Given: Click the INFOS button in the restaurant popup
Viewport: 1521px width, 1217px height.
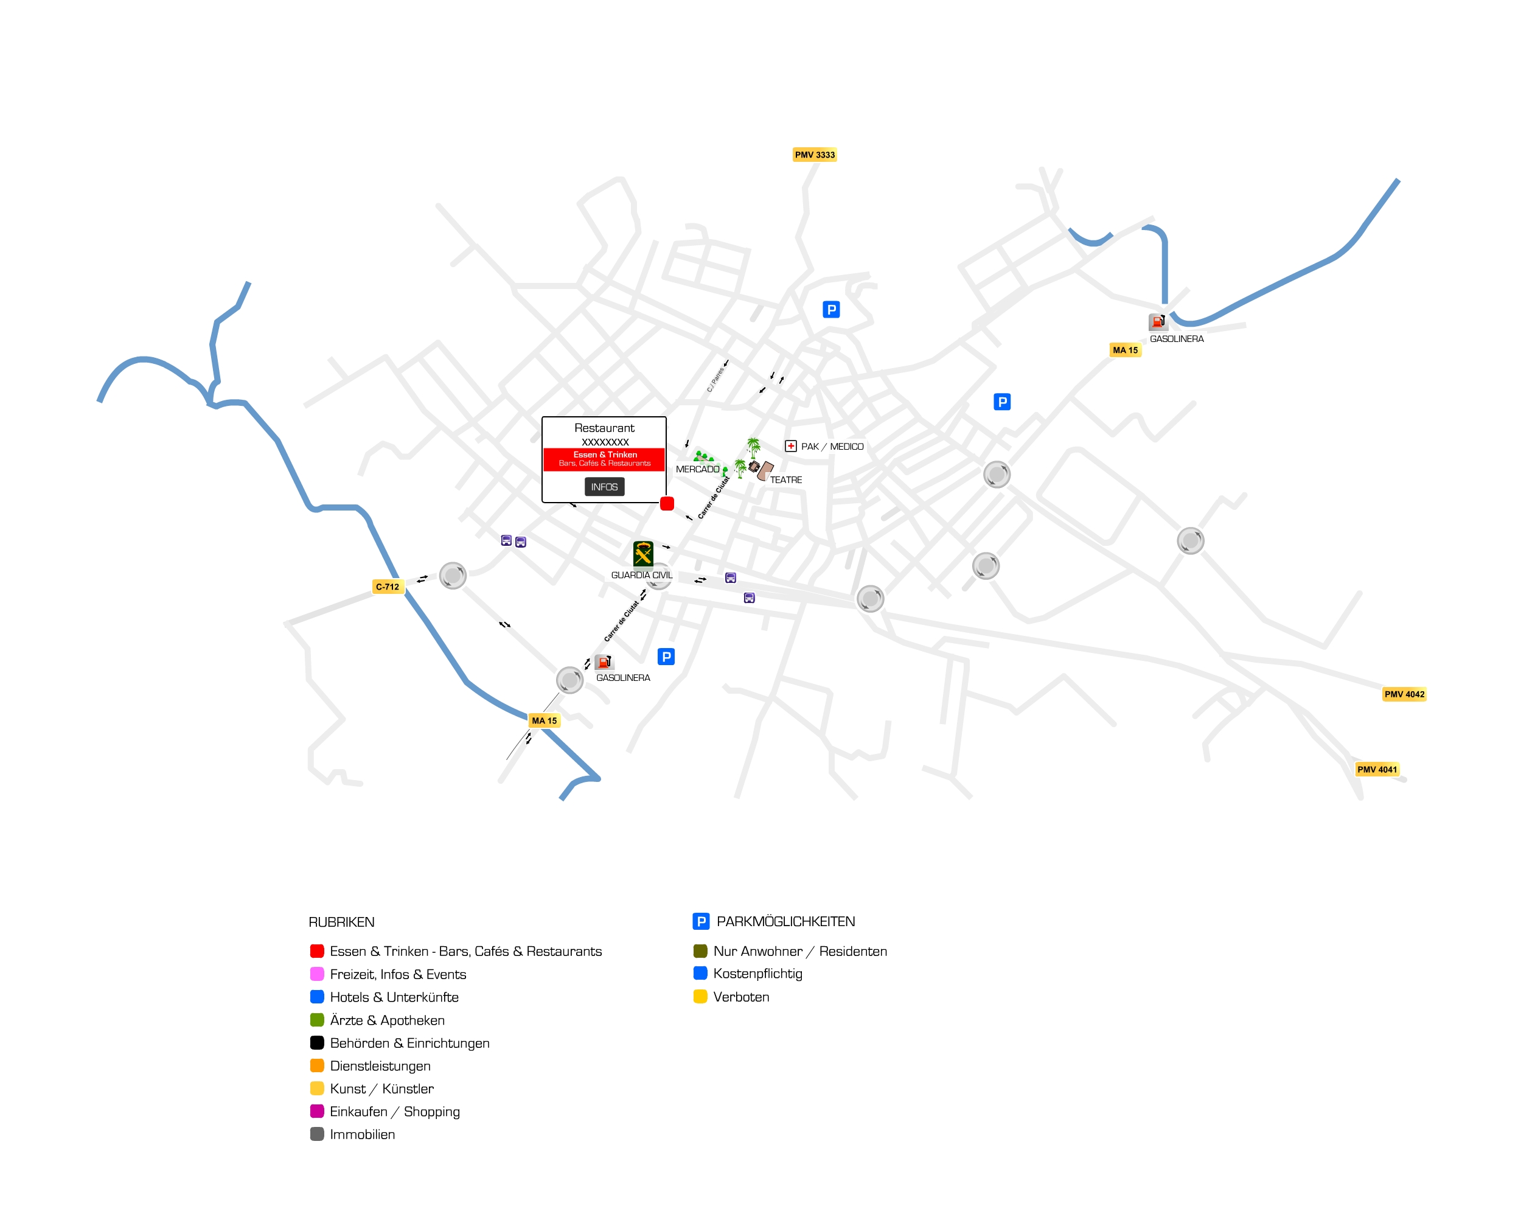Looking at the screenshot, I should (604, 487).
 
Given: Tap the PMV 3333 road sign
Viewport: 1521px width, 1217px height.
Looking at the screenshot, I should (814, 155).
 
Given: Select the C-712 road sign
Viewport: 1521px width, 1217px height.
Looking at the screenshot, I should (388, 586).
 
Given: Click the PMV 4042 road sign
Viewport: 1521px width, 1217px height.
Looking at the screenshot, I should (1404, 694).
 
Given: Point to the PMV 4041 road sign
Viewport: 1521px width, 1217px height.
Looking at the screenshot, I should (1376, 769).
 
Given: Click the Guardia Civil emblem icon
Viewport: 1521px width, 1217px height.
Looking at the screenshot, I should (642, 554).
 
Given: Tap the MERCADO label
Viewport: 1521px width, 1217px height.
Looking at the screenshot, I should (697, 469).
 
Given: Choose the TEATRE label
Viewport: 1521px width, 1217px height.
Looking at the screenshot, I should (785, 479).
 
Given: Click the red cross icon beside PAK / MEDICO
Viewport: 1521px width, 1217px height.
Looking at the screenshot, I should (791, 446).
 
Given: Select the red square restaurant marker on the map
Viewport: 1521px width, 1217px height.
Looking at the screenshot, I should (667, 504).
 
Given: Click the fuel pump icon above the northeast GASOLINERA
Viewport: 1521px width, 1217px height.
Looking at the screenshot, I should (1158, 322).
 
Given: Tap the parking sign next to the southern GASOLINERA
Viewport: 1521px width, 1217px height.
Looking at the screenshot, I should (666, 657).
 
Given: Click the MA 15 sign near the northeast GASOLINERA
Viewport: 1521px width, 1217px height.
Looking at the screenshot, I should (1124, 350).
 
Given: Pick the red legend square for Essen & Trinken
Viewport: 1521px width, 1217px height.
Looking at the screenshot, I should (318, 951).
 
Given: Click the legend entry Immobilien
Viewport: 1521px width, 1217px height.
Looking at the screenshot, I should (362, 1134).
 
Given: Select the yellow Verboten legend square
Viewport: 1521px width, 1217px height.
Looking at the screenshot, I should (700, 996).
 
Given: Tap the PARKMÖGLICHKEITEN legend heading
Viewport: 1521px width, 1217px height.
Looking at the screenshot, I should (785, 921).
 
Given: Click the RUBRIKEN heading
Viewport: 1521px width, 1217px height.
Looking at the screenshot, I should (341, 922).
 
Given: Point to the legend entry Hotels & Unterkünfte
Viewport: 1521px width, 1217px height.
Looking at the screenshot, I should (394, 997).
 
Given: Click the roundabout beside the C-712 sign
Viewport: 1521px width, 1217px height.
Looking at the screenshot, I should (453, 576).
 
